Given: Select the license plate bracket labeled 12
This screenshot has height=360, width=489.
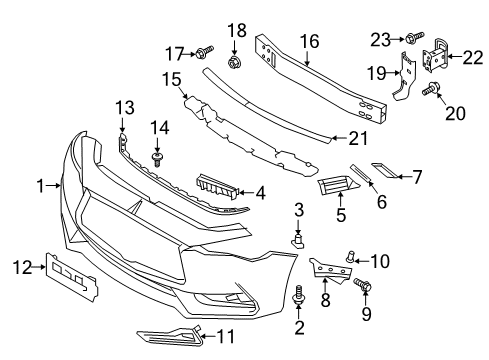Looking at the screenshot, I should coord(73,276).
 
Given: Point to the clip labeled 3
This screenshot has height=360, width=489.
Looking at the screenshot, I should coord(298,240).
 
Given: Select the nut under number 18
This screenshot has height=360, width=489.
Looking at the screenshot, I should coord(237,64).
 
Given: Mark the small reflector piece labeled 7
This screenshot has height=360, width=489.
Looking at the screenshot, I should coord(384,176).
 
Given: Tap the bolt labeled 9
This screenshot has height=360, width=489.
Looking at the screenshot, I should coord(364,287).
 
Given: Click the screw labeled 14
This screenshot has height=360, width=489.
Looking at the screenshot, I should coord(155,158).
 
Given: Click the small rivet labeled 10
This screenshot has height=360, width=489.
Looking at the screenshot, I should coord(351,256).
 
